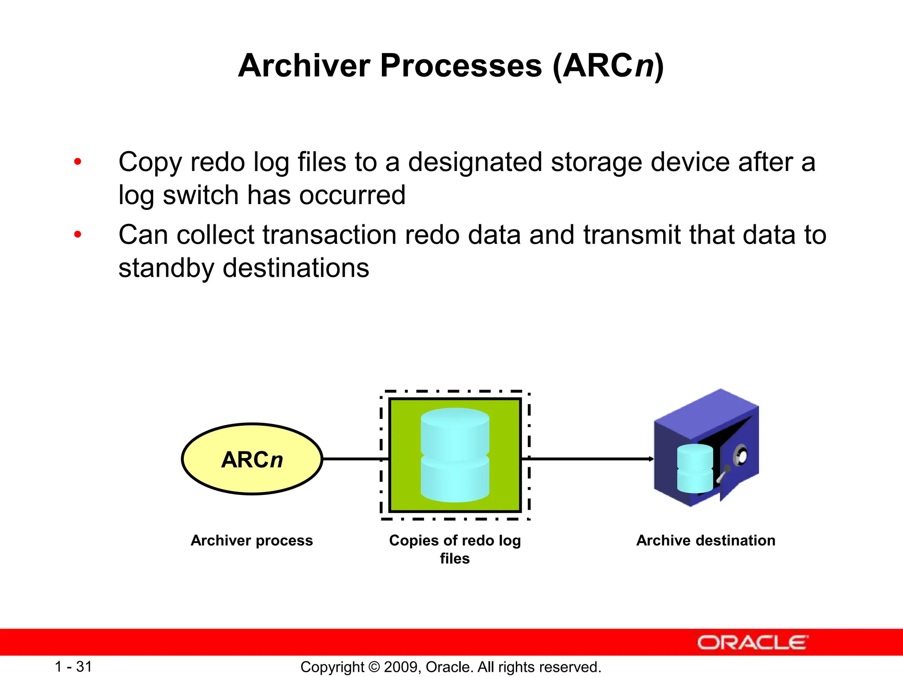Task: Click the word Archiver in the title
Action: (x=304, y=66)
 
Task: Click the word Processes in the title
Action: (x=461, y=66)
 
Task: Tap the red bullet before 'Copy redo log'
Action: (x=78, y=162)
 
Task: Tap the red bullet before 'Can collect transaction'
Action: (x=78, y=234)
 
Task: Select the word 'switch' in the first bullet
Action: (x=201, y=195)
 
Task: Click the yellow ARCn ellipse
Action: (x=252, y=459)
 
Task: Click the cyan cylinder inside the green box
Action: (x=455, y=455)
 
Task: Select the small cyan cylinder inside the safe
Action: (x=694, y=469)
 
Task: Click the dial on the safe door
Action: (x=741, y=455)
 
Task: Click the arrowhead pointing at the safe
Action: (x=651, y=459)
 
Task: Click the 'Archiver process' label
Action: (x=252, y=540)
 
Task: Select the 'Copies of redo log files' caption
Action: (x=455, y=549)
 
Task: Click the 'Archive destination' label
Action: (x=705, y=540)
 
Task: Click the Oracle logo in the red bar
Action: (x=752, y=643)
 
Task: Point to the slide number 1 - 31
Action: (x=73, y=666)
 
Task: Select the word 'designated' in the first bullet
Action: (x=475, y=162)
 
